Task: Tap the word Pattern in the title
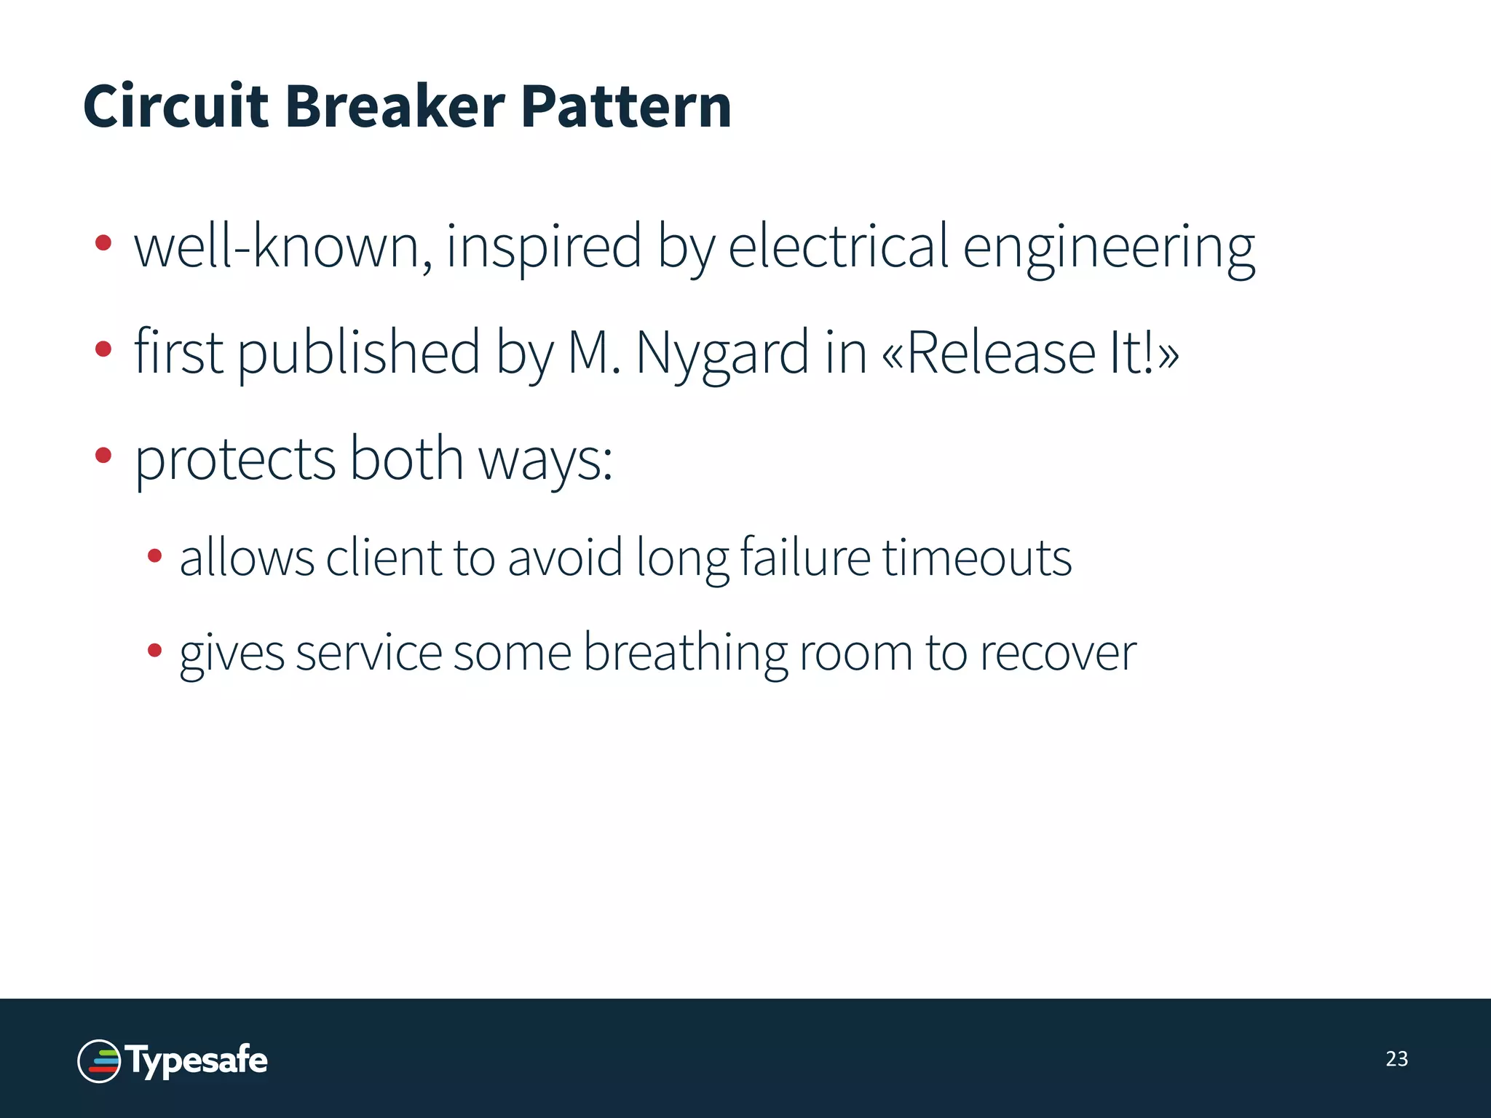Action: pos(626,106)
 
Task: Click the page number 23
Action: pos(1396,1058)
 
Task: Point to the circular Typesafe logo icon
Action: pos(99,1061)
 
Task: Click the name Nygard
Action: pos(721,354)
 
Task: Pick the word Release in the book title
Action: pos(1001,352)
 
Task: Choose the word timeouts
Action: pos(977,558)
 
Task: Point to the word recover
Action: pos(1057,653)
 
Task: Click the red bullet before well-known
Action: pos(103,243)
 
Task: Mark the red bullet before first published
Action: pos(103,349)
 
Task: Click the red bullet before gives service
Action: pos(154,650)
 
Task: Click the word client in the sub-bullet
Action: pos(384,558)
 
